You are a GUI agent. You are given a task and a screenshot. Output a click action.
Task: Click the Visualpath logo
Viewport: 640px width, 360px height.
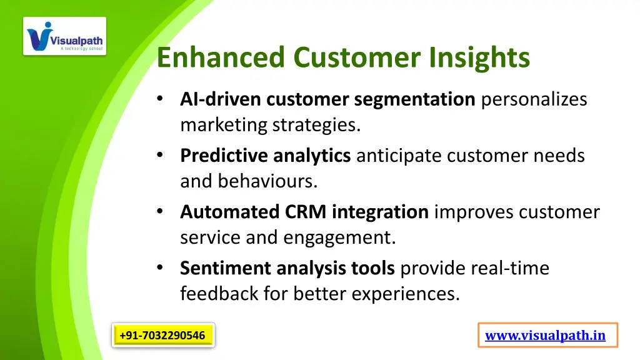pos(65,36)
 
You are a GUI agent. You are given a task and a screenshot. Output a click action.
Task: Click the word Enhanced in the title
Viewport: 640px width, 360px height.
pos(222,57)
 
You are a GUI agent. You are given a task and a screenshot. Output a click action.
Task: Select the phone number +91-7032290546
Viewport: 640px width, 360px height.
pos(162,336)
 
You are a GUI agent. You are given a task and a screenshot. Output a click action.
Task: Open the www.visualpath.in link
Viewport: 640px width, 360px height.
pos(545,336)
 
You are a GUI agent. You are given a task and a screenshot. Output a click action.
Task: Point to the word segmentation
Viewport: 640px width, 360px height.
pos(414,99)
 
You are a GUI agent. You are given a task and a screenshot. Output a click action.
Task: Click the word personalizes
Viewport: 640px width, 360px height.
pos(534,99)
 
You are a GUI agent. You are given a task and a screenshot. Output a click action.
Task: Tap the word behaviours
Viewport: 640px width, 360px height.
pos(267,181)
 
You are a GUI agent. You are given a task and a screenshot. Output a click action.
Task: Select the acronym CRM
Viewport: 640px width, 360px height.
pos(306,212)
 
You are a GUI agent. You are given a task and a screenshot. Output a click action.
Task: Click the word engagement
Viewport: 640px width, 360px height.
pos(339,237)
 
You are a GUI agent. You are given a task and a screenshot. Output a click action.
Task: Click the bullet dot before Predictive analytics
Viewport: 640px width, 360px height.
pos(161,156)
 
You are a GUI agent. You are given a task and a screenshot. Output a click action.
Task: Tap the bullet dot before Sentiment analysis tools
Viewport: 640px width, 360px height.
pos(161,268)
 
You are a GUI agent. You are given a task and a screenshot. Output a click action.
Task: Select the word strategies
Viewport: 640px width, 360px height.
pos(316,125)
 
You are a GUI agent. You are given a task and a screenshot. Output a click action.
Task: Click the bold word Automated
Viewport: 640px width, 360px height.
pos(230,212)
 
